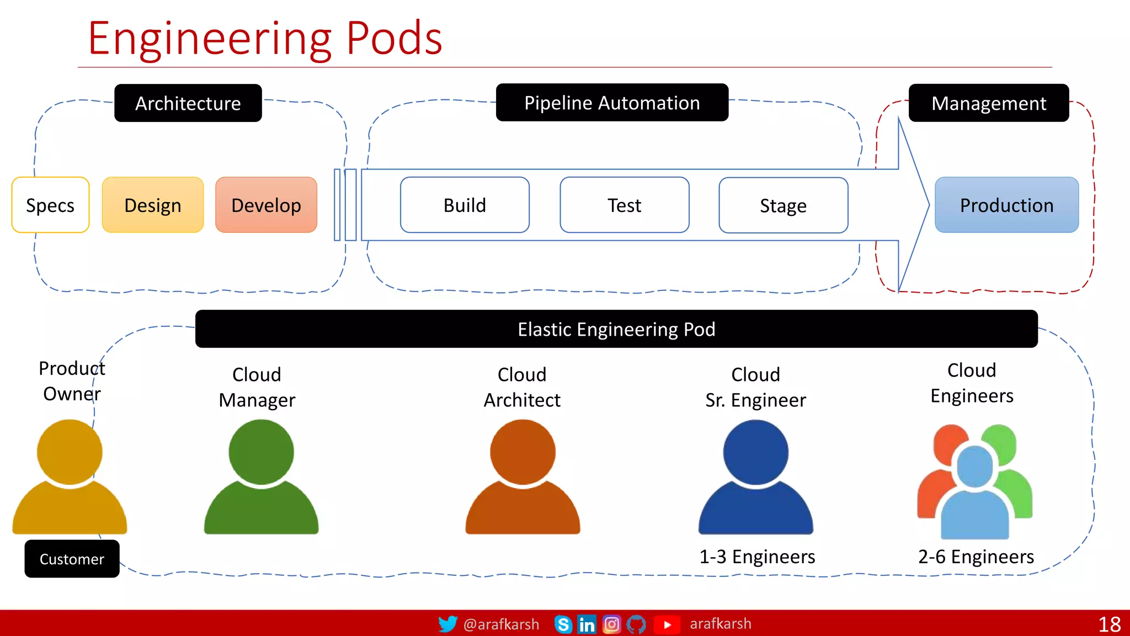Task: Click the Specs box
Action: point(50,205)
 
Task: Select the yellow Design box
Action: point(153,205)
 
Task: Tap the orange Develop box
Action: point(266,205)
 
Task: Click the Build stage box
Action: point(465,205)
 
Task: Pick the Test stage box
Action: point(624,205)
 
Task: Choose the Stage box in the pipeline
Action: point(783,205)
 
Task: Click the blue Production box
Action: point(1006,205)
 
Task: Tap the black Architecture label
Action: point(188,103)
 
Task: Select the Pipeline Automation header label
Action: point(612,103)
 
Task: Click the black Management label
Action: point(988,103)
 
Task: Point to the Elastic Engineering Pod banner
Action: point(616,329)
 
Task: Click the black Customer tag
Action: point(72,559)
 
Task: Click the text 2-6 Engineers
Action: point(976,556)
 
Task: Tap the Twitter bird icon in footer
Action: point(447,624)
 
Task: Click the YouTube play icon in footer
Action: point(667,624)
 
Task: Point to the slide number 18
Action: point(1109,624)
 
